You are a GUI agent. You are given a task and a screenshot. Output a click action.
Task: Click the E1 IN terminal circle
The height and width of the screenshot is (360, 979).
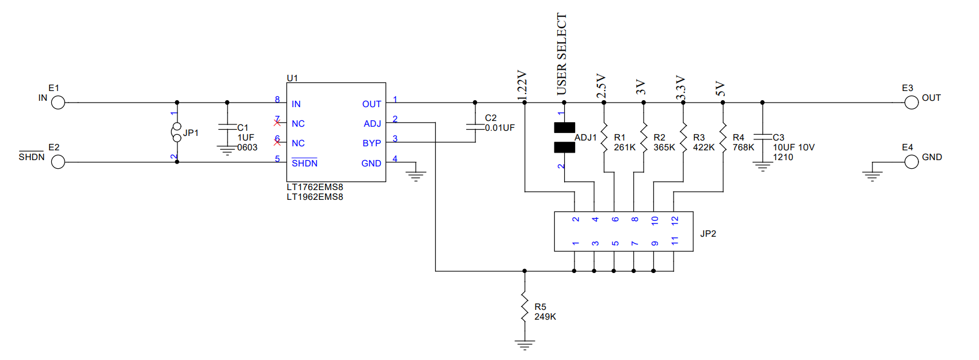click(58, 103)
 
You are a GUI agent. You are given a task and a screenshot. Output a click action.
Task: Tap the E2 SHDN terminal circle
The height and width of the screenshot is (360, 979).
click(58, 162)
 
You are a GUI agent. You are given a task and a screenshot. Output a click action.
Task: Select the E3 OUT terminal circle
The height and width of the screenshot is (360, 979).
click(911, 103)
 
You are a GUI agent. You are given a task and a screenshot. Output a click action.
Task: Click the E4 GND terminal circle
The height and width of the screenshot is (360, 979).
click(911, 162)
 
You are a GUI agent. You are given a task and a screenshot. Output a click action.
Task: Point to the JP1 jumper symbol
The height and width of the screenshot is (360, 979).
click(176, 132)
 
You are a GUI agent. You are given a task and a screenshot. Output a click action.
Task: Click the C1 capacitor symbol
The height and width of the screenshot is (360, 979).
click(227, 127)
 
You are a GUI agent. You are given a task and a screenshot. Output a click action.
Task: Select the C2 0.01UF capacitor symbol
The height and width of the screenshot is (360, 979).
click(475, 127)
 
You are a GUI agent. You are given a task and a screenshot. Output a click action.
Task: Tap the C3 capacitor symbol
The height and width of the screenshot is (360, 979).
click(763, 137)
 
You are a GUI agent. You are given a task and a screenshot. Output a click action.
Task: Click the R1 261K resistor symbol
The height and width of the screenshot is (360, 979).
click(604, 137)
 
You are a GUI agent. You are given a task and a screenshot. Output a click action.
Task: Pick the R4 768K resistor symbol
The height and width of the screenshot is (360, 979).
click(723, 137)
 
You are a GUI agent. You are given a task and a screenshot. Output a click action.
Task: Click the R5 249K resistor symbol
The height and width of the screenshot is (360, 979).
click(524, 307)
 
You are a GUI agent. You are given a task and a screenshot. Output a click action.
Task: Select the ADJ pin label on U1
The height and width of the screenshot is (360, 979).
click(372, 124)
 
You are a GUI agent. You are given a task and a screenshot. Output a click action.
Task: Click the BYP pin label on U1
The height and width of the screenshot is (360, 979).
click(372, 143)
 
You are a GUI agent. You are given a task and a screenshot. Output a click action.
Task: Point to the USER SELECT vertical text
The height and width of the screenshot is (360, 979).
click(562, 54)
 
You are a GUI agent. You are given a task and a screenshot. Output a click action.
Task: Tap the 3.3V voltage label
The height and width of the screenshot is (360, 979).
click(681, 88)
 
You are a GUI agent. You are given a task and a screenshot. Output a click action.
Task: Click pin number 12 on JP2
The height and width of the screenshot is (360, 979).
click(675, 220)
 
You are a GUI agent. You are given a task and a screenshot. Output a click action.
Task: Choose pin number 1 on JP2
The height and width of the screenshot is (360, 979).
click(576, 243)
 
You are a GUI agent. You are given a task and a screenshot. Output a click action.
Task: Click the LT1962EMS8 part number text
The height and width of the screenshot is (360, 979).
click(315, 197)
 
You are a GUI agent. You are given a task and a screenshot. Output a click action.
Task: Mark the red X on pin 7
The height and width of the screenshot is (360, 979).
click(277, 123)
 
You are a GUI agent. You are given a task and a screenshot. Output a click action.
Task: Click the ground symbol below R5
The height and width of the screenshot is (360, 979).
click(524, 345)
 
